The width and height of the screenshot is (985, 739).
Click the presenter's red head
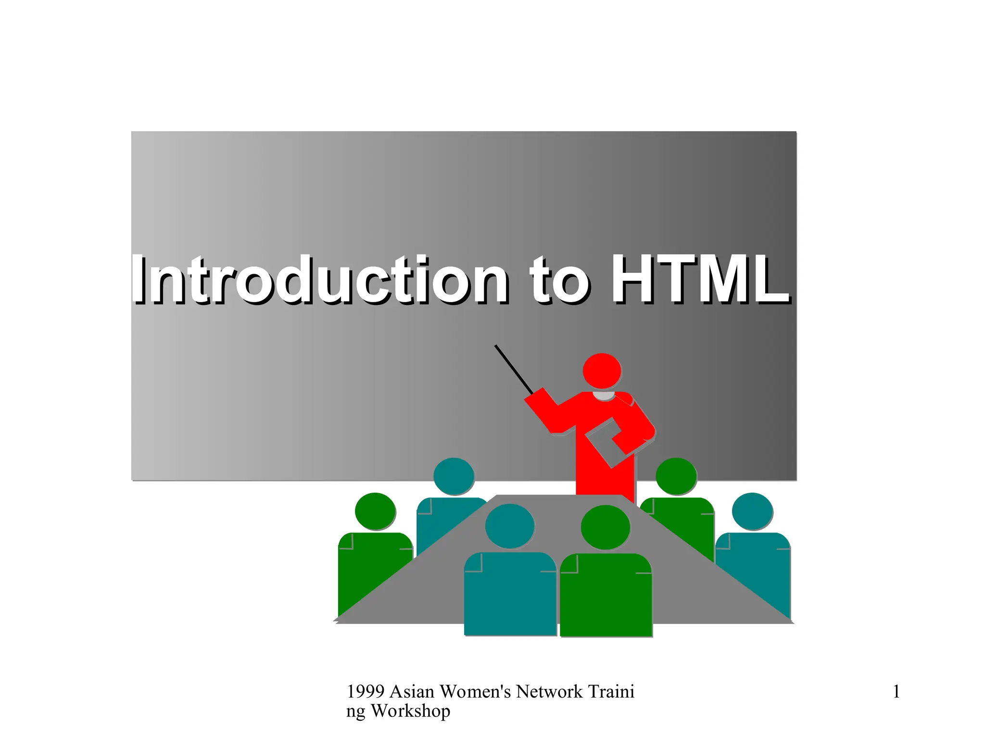[602, 371]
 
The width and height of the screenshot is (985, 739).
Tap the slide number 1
[896, 692]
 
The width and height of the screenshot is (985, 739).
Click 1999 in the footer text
[366, 692]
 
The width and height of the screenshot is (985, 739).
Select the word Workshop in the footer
[410, 711]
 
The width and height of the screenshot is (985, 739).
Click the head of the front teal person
[509, 526]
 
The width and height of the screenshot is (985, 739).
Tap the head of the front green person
[605, 527]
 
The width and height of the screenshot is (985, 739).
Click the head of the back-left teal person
[454, 476]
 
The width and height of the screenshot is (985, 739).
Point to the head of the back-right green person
[676, 476]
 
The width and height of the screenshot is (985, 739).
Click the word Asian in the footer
[412, 692]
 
